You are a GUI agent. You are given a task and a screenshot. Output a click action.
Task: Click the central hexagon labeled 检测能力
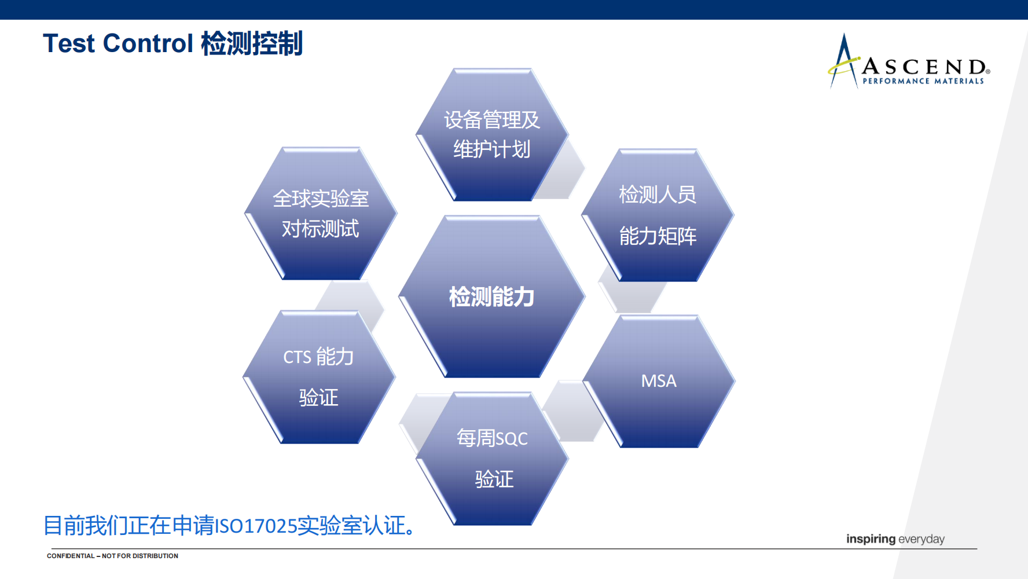(x=492, y=296)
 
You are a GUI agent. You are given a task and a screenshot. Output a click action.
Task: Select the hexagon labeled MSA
(x=659, y=381)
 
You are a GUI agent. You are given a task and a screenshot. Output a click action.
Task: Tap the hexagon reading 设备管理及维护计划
(x=492, y=135)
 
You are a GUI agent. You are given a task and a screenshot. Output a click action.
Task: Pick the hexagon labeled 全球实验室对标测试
(x=321, y=214)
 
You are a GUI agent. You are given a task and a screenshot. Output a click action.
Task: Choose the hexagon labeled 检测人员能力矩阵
(x=658, y=215)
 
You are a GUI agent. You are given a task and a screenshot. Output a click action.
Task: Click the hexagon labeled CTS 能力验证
(x=319, y=378)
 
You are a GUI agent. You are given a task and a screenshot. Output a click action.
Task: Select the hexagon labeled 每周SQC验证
(x=492, y=459)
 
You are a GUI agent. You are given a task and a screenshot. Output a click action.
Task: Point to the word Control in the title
(x=148, y=43)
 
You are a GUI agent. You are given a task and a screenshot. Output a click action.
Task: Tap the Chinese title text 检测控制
(x=252, y=43)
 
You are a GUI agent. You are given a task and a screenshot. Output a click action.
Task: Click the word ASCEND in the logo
(x=925, y=67)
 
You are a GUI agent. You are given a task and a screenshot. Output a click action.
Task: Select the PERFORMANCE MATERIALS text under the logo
(x=923, y=81)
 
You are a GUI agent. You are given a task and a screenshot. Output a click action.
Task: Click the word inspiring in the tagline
(x=871, y=539)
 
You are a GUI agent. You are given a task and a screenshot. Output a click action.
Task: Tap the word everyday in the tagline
(x=921, y=539)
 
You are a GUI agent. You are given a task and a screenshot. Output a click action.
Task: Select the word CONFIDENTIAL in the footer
(x=71, y=556)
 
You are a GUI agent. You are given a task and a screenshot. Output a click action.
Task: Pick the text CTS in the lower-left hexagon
(x=298, y=357)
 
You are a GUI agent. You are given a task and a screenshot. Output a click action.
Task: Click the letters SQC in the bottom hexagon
(x=512, y=439)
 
